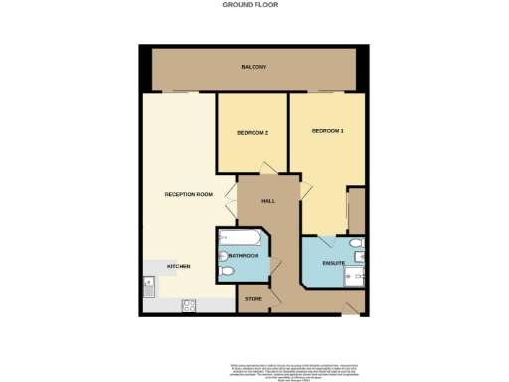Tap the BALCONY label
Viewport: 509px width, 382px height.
coord(254,67)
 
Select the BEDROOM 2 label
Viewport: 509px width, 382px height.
coord(253,131)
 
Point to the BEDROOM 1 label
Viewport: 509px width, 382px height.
coord(328,131)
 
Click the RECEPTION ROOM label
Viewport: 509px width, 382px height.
coord(189,194)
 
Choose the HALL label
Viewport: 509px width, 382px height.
coord(267,201)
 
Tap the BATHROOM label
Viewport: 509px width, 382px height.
coord(245,256)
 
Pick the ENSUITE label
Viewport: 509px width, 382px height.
coord(334,262)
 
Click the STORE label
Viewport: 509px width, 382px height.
coord(253,298)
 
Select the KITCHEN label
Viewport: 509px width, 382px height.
coord(178,267)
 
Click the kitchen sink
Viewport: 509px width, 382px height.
coord(147,289)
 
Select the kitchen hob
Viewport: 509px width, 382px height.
coord(188,305)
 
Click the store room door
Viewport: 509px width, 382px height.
coord(276,270)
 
